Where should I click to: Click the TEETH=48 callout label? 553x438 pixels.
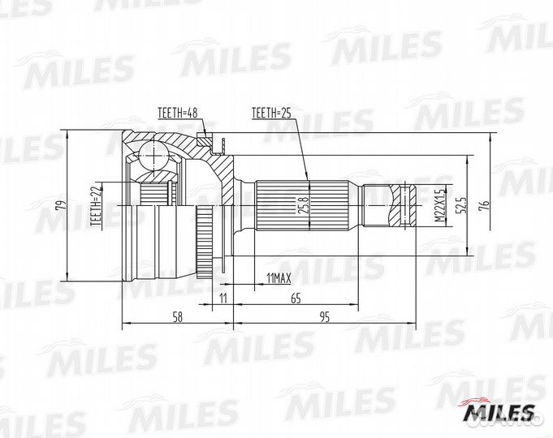177,113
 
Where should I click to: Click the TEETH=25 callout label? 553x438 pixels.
271,113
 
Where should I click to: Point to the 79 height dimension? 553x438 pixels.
61,205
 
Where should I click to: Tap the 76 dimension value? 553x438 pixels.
485,205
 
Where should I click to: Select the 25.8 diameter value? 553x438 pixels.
305,205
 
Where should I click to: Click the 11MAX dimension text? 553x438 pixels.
279,279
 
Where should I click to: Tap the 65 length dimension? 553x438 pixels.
296,298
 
